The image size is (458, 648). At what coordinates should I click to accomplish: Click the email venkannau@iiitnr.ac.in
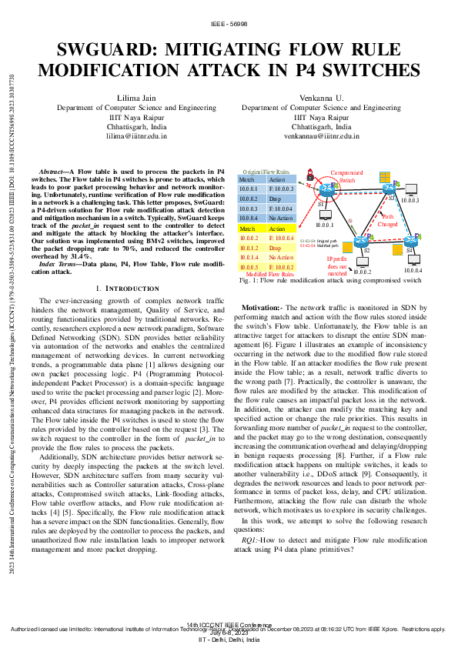(322, 135)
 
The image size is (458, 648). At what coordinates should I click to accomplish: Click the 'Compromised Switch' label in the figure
(348, 176)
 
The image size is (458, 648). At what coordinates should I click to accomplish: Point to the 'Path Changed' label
(388, 221)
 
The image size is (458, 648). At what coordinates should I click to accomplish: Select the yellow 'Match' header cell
(248, 229)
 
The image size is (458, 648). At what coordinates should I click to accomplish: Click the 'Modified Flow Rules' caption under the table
(269, 274)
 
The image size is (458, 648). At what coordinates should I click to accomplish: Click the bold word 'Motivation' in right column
(261, 306)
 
